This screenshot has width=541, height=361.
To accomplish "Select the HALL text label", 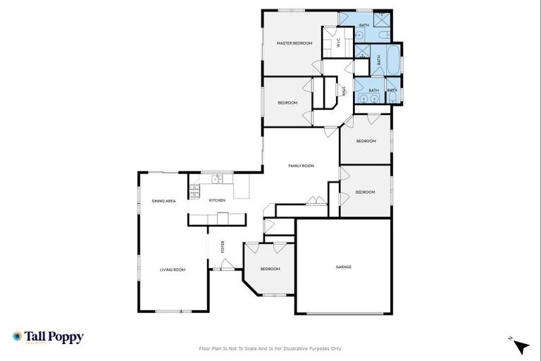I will point(344,90).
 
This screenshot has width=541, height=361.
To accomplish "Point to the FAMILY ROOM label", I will point(301,166).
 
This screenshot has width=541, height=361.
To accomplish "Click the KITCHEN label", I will point(217,201).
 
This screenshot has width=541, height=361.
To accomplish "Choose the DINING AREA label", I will point(163,201).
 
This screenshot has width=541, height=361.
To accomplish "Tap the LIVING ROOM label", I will point(172,269).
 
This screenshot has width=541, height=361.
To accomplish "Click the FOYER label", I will point(223,247).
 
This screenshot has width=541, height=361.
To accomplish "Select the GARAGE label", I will point(343,267).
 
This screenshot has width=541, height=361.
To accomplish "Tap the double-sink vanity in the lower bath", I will point(361,90).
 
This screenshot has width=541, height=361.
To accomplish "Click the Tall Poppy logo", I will point(48,337).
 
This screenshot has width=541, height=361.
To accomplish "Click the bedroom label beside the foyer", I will point(270,269).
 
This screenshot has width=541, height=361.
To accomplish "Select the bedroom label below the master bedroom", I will point(287,103).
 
